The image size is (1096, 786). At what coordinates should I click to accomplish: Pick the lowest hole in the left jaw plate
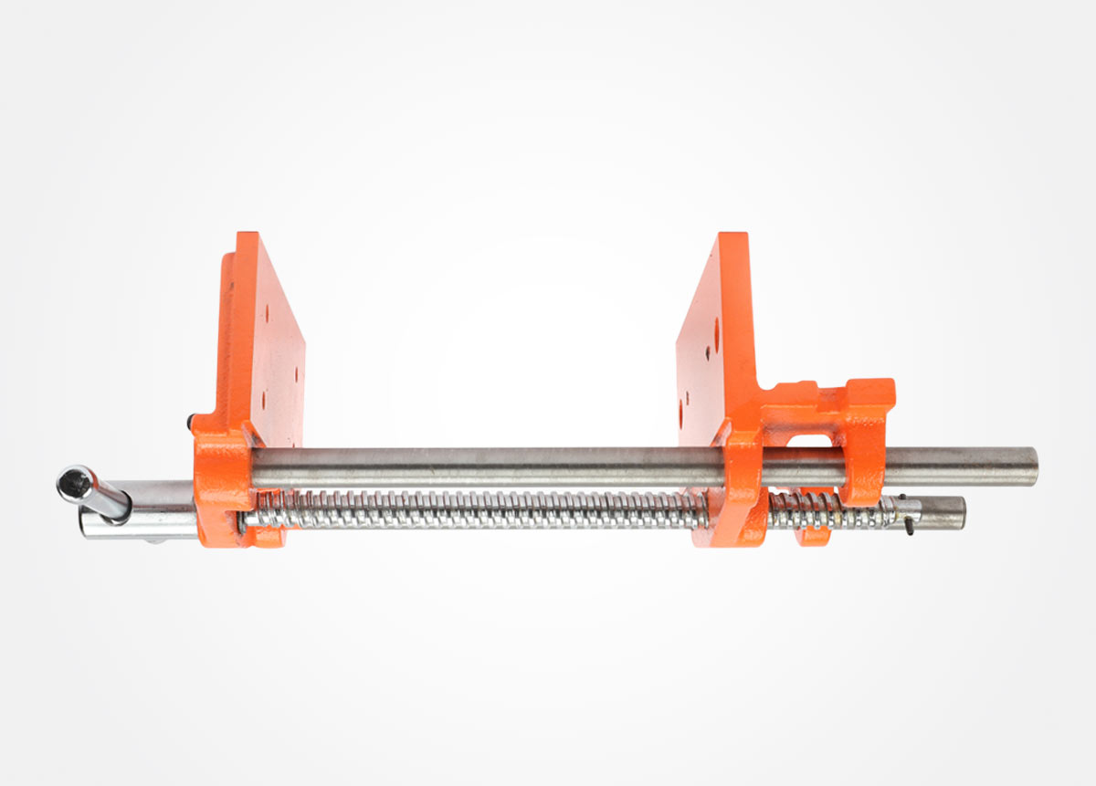[263, 399]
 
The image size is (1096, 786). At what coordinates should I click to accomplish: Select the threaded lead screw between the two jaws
[475, 509]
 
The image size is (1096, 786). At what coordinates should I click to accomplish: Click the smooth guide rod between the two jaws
[475, 463]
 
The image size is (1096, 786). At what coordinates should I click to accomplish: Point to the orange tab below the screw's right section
[811, 536]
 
